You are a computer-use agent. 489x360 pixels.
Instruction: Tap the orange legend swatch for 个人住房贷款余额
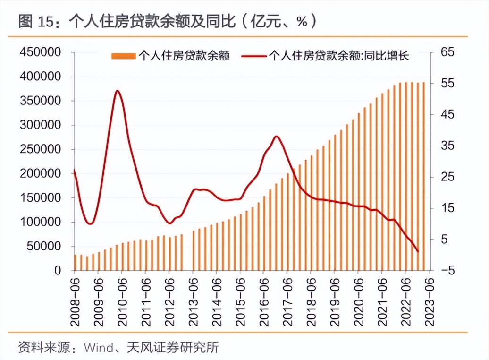tap(123, 57)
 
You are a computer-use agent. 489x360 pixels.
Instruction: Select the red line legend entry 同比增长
tap(326, 57)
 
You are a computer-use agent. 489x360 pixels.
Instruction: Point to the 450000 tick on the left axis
tap(40, 52)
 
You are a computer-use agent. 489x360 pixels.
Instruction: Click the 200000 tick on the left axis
tap(40, 173)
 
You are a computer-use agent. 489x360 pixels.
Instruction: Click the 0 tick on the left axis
tap(58, 271)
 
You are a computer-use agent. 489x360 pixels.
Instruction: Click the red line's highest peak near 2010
tap(117, 91)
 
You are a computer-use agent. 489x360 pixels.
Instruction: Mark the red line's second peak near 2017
tap(277, 137)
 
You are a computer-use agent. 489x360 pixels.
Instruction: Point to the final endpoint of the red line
tap(418, 251)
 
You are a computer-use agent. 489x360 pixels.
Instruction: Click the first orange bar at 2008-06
tap(75, 263)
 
